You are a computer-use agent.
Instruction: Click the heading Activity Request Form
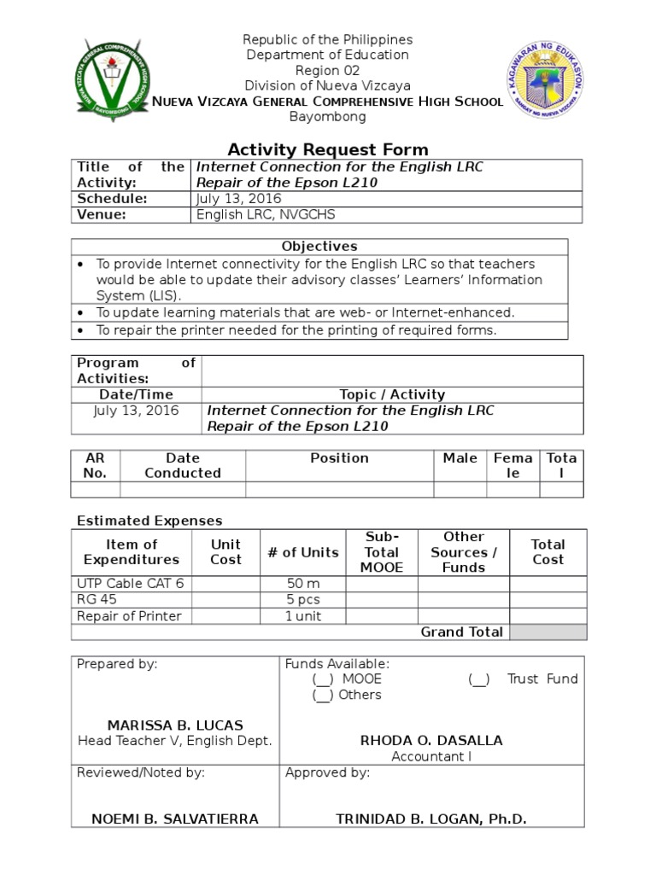tap(328, 149)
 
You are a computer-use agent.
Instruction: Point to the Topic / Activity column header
tap(392, 394)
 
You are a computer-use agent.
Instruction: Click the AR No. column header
tap(95, 465)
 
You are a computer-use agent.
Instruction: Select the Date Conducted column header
tap(183, 465)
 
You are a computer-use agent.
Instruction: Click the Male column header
tap(460, 458)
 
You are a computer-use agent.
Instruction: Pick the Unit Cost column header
tap(225, 551)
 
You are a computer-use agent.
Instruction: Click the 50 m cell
tap(302, 584)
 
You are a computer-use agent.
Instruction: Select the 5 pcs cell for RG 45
tap(302, 599)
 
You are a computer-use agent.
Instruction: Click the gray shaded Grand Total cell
tap(548, 632)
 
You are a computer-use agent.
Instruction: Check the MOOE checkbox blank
tap(323, 679)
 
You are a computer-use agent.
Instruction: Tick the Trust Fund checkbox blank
tap(478, 679)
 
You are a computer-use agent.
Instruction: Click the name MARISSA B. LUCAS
tap(174, 725)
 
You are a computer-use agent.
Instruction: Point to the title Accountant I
tap(431, 756)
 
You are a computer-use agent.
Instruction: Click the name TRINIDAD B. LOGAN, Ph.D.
tap(431, 819)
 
